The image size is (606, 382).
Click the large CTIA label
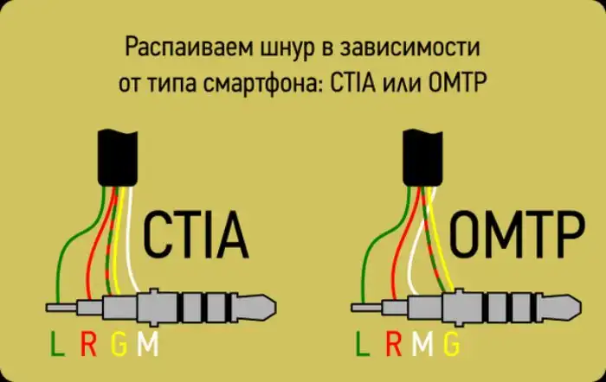pos(196,234)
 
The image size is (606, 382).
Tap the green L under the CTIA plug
pos(57,344)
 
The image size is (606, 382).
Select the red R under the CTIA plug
pos(88,344)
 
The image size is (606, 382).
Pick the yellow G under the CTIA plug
pos(119,344)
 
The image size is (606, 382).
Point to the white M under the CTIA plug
pos(148,344)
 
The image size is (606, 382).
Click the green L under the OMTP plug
pos(363,344)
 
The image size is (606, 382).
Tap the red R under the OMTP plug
pos(394,344)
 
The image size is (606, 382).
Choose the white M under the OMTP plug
pos(422,344)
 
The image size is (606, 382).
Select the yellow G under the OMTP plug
pos(451,344)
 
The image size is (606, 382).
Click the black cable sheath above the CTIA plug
pos(118,158)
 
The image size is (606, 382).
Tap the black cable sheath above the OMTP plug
pos(422,158)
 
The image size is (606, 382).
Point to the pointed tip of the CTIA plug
pos(275,307)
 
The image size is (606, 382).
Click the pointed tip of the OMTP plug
pos(580,307)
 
